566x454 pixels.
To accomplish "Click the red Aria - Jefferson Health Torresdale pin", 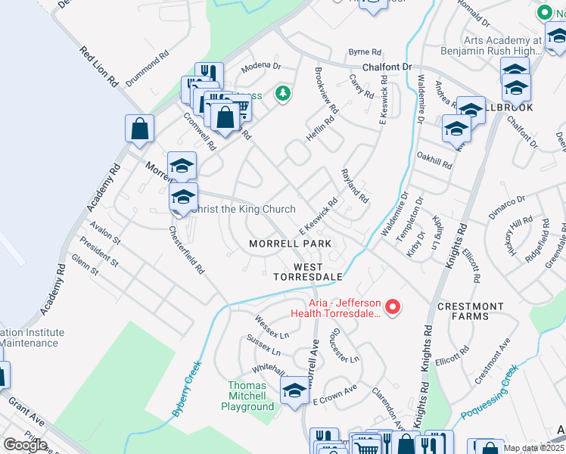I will (393, 306).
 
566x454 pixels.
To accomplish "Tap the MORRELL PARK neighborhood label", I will (291, 244).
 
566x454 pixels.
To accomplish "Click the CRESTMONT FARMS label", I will (470, 311).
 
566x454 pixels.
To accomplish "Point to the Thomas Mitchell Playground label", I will (247, 396).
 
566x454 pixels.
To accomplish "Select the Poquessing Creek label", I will (490, 391).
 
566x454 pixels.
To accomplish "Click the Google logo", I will (25, 445).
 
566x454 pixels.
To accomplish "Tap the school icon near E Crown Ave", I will (294, 390).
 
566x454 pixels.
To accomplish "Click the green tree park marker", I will (283, 94).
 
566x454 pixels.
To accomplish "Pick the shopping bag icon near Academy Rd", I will (140, 129).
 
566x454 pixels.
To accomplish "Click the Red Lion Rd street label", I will (98, 64).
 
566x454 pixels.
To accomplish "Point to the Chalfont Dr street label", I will (386, 67).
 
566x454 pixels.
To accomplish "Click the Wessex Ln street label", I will (272, 327).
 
